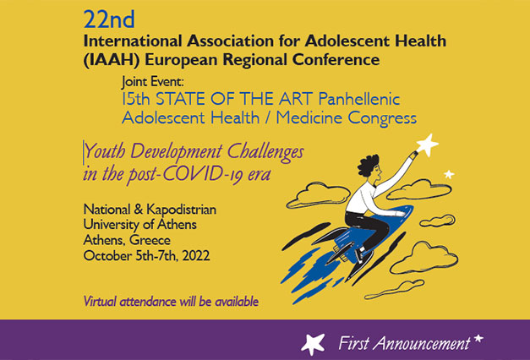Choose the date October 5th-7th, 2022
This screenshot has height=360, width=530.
[x=145, y=255]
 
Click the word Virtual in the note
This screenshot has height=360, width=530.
[x=103, y=301]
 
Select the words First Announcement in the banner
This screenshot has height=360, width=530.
[x=403, y=343]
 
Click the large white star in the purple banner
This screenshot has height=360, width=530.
[x=314, y=343]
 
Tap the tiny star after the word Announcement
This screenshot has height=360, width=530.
[x=478, y=340]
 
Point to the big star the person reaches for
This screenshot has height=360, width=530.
[x=427, y=145]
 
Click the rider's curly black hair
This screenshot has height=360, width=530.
[x=369, y=165]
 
